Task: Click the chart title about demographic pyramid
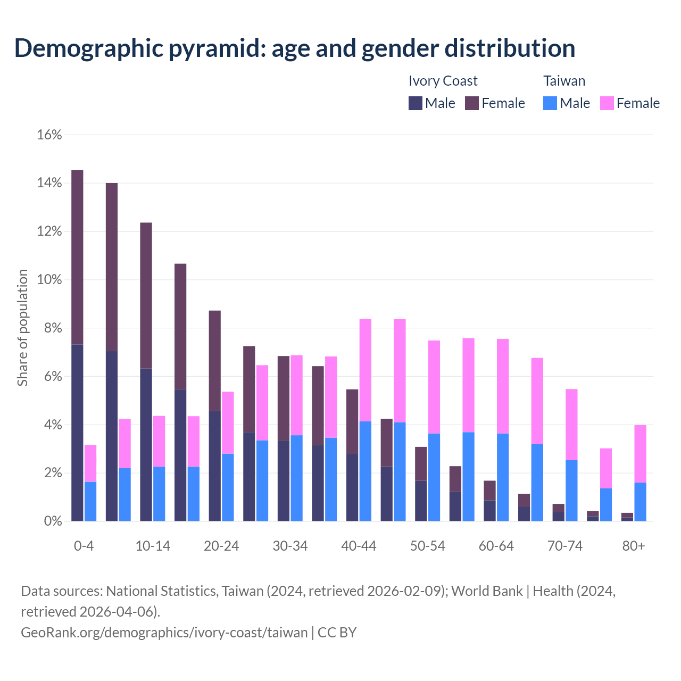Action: pos(294,48)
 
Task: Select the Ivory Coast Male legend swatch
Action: pos(416,103)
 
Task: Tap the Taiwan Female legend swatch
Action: pos(607,103)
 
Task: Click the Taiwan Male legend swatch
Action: pos(550,103)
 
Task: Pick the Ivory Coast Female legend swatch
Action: pos(472,103)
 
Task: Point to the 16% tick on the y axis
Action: pos(49,135)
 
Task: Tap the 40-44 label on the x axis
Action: pos(359,546)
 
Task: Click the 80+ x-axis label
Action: pos(634,546)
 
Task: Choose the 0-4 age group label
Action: pos(84,546)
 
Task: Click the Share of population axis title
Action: pos(22,328)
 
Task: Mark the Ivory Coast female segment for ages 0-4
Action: pos(77,258)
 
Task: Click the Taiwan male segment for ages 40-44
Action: pos(366,471)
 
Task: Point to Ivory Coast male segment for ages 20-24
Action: pos(215,466)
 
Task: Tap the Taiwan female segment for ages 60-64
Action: pos(503,386)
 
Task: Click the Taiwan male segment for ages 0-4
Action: pos(90,501)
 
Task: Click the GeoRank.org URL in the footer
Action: pos(164,633)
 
